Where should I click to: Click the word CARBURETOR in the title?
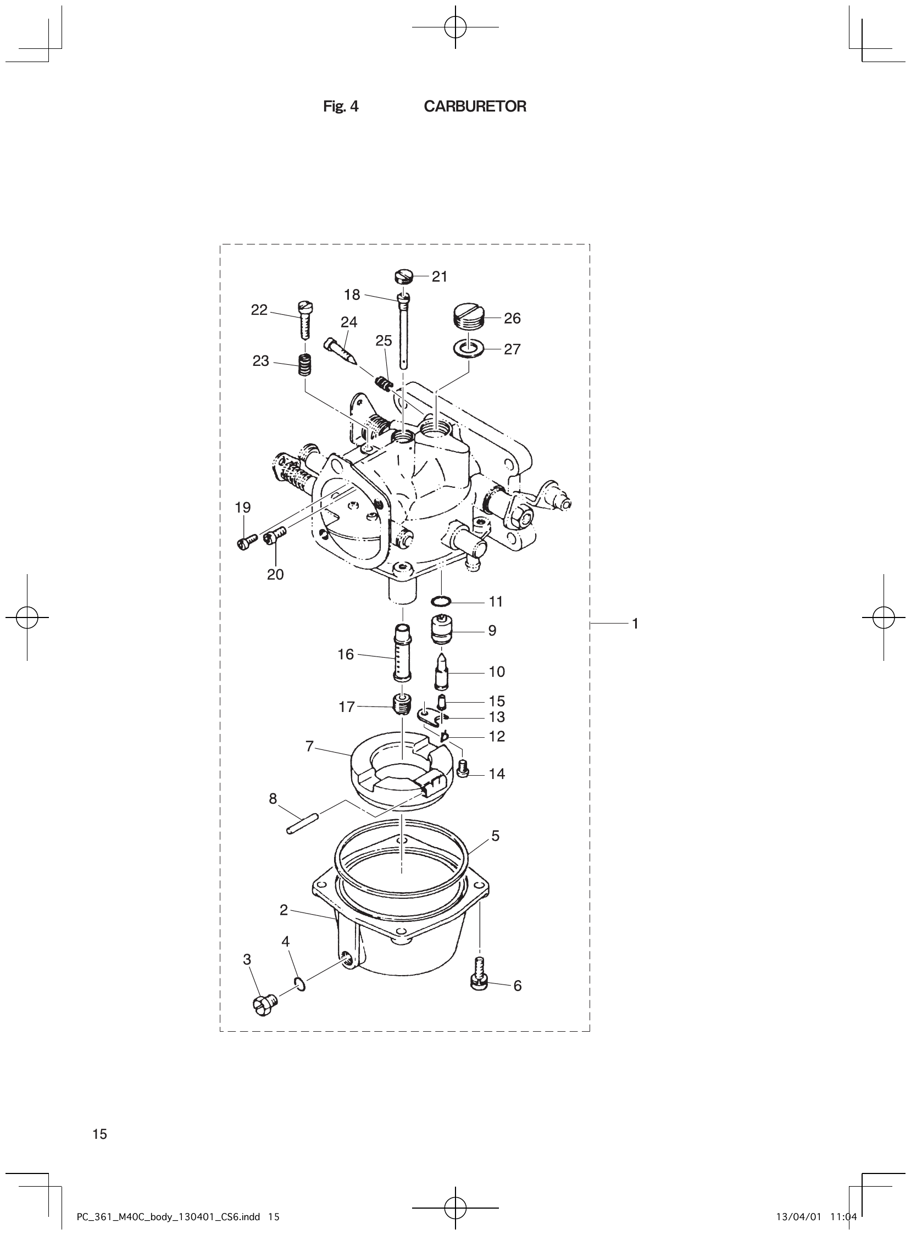click(475, 107)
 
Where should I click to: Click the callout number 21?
click(440, 277)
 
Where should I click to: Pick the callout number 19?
click(243, 507)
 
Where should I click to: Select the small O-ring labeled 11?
click(442, 600)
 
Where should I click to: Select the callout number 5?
click(495, 836)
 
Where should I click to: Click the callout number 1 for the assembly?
click(635, 624)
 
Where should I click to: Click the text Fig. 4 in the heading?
click(340, 107)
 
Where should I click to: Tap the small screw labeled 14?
click(463, 768)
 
